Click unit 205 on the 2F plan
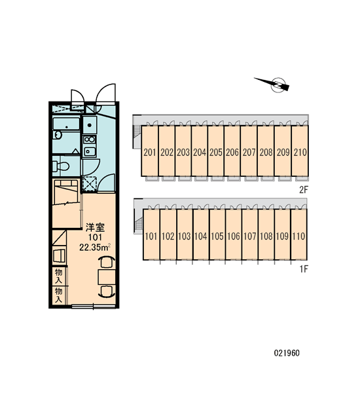click(x=216, y=151)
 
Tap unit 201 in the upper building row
click(x=150, y=151)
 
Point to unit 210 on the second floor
click(x=300, y=151)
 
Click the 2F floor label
click(x=304, y=190)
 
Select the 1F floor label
click(x=304, y=269)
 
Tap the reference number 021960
click(x=287, y=353)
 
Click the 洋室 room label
click(x=95, y=227)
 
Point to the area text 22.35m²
click(x=95, y=248)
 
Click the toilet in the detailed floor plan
click(x=61, y=166)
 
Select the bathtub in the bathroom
click(x=66, y=124)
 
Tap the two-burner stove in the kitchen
click(x=90, y=139)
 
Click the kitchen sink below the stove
click(x=90, y=151)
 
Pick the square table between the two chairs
click(x=107, y=276)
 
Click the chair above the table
click(x=107, y=262)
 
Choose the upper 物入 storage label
click(x=59, y=276)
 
